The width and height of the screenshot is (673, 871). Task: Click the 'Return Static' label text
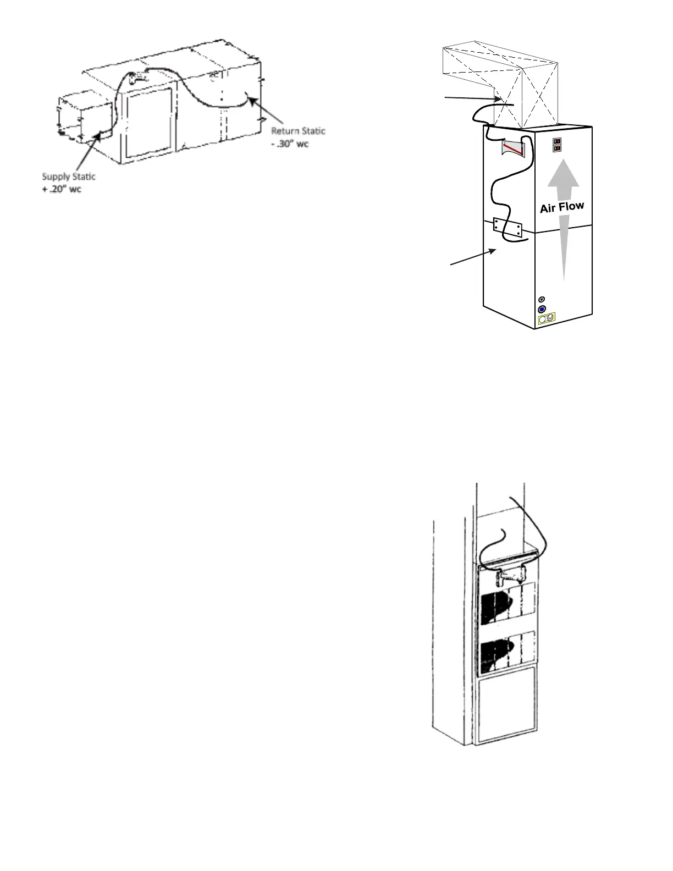click(298, 131)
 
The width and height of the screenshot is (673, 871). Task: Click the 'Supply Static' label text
click(69, 177)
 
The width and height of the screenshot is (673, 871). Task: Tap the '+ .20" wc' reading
click(62, 190)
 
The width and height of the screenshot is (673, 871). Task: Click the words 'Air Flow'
click(562, 207)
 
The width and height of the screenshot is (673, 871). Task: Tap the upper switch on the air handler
click(558, 142)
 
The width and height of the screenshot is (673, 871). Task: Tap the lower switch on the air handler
click(558, 148)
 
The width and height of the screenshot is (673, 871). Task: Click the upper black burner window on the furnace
click(497, 609)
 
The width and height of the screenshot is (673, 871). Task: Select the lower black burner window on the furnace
click(497, 655)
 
